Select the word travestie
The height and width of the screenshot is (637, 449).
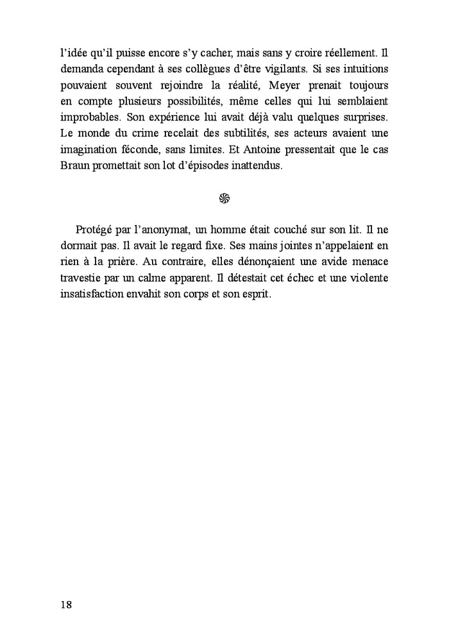click(80, 279)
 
